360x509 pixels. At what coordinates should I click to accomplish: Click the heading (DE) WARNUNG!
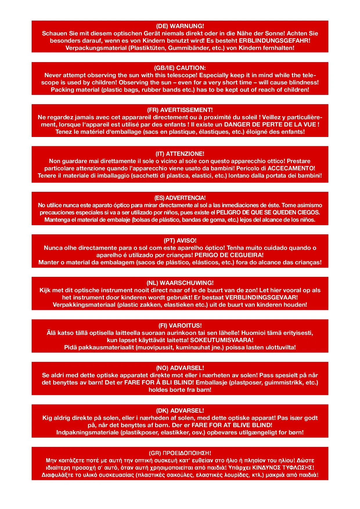pyautogui.click(x=180, y=26)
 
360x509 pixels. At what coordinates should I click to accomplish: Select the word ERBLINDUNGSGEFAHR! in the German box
pyautogui.click(x=274, y=41)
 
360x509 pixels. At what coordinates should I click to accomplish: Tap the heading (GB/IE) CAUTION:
pyautogui.click(x=180, y=68)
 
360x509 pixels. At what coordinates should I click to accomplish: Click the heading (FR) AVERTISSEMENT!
pyautogui.click(x=180, y=110)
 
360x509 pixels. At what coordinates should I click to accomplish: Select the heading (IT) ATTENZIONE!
pyautogui.click(x=180, y=154)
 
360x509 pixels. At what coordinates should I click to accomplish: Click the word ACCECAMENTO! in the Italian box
pyautogui.click(x=291, y=168)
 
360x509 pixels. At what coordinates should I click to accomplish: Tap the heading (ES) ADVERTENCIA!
pyautogui.click(x=180, y=198)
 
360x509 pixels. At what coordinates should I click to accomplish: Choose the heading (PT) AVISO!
pyautogui.click(x=180, y=241)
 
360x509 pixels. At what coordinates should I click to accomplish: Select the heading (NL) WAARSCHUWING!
pyautogui.click(x=180, y=283)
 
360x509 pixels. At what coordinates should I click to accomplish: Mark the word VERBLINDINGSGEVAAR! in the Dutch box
pyautogui.click(x=261, y=297)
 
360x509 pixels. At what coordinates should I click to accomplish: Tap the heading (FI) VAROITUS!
pyautogui.click(x=180, y=326)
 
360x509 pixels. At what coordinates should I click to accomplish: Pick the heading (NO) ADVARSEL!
pyautogui.click(x=180, y=368)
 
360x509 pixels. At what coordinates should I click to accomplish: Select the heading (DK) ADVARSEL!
pyautogui.click(x=180, y=411)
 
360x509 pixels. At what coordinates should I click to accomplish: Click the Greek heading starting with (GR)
pyautogui.click(x=180, y=453)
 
